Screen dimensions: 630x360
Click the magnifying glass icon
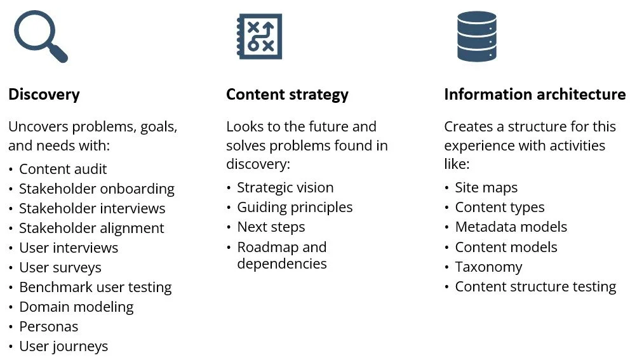(40, 37)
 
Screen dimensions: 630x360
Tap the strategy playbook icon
(259, 37)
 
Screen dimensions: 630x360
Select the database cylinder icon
(476, 36)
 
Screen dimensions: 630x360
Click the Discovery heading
(44, 95)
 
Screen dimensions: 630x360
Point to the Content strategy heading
(287, 95)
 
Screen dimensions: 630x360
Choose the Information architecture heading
(535, 95)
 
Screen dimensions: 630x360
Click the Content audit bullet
(63, 169)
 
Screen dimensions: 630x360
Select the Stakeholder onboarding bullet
(97, 189)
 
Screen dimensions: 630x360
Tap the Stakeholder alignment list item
(91, 228)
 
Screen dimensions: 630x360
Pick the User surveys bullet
(60, 267)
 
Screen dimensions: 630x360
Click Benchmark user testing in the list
(95, 287)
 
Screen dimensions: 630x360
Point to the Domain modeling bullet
(76, 307)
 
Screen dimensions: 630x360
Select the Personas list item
(49, 326)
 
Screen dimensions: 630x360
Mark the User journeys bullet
(64, 346)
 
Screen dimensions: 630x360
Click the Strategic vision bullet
(285, 187)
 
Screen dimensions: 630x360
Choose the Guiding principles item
(295, 207)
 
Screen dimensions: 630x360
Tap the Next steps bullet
(271, 227)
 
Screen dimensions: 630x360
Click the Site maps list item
(486, 187)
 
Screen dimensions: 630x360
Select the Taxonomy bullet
(488, 267)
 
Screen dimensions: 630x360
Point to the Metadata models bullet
(511, 227)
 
